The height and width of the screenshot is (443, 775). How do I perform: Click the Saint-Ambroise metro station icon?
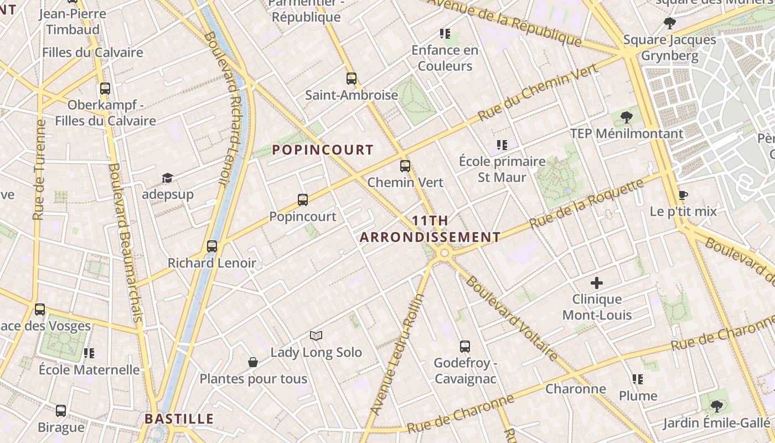pos(351,79)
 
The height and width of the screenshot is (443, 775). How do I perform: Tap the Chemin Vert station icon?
pos(405,166)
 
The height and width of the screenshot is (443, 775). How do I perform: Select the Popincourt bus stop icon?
pos(302,200)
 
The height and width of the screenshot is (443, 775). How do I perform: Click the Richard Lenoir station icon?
pos(212,246)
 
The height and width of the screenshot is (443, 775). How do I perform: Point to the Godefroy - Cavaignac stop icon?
pos(465,347)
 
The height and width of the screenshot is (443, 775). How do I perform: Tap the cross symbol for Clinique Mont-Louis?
pos(597,283)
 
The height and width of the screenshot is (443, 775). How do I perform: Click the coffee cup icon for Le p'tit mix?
pos(683,195)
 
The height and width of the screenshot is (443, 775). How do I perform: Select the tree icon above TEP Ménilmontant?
pos(627,117)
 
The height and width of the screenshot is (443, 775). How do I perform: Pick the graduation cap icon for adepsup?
pos(167,178)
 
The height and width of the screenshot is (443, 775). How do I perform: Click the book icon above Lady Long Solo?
pos(316,336)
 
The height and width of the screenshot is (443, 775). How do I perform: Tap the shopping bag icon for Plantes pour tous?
pos(253,362)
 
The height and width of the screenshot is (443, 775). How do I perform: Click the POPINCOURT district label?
pos(323,150)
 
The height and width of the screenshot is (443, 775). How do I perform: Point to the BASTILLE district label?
pos(179,419)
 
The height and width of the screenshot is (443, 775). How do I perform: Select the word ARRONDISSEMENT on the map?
pos(430,238)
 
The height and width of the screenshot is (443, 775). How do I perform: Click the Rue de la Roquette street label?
pos(587,204)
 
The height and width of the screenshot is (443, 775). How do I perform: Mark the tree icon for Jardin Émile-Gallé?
pos(716,406)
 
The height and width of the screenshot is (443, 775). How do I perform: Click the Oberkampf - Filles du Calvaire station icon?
pos(105,88)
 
